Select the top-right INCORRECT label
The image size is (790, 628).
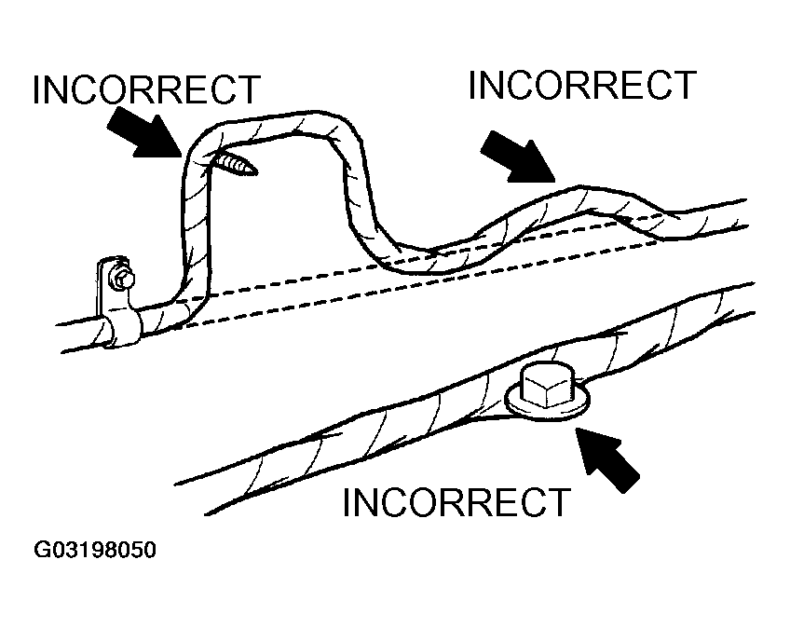tap(582, 85)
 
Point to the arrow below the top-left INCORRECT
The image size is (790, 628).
tap(148, 132)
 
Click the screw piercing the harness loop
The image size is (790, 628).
tap(237, 164)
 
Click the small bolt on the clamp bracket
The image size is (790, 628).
tap(122, 278)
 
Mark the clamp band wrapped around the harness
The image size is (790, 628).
tap(125, 325)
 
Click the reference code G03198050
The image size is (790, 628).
tap(95, 550)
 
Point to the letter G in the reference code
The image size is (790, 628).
tap(43, 550)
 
